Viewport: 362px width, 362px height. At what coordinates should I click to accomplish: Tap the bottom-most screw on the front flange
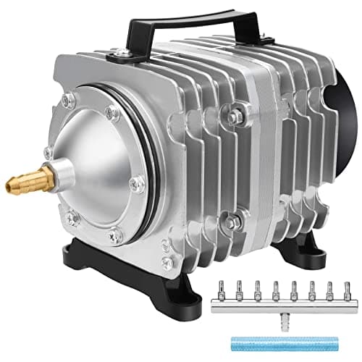coord(114,235)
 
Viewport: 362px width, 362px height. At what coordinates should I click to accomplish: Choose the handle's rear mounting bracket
coord(239,40)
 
